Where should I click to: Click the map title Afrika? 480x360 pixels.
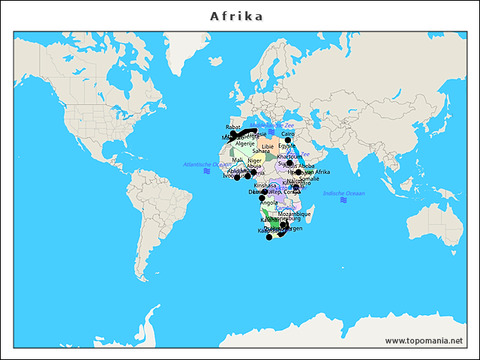236,16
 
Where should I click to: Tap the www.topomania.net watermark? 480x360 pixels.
424,340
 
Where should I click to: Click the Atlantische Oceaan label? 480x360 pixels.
207,164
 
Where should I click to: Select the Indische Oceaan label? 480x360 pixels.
343,193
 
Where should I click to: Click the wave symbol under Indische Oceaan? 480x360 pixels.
343,200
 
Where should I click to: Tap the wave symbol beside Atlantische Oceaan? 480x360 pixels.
207,171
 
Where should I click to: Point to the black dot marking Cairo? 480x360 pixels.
288,140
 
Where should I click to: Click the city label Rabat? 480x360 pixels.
233,127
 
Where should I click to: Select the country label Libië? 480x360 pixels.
268,147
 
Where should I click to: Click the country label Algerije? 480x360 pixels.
245,143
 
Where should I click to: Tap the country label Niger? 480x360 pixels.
255,160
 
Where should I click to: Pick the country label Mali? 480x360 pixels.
238,160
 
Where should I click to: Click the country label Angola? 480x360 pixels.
269,202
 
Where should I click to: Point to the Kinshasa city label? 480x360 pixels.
265,185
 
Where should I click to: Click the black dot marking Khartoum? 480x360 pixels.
289,163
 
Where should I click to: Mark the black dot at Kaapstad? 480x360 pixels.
269,237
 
